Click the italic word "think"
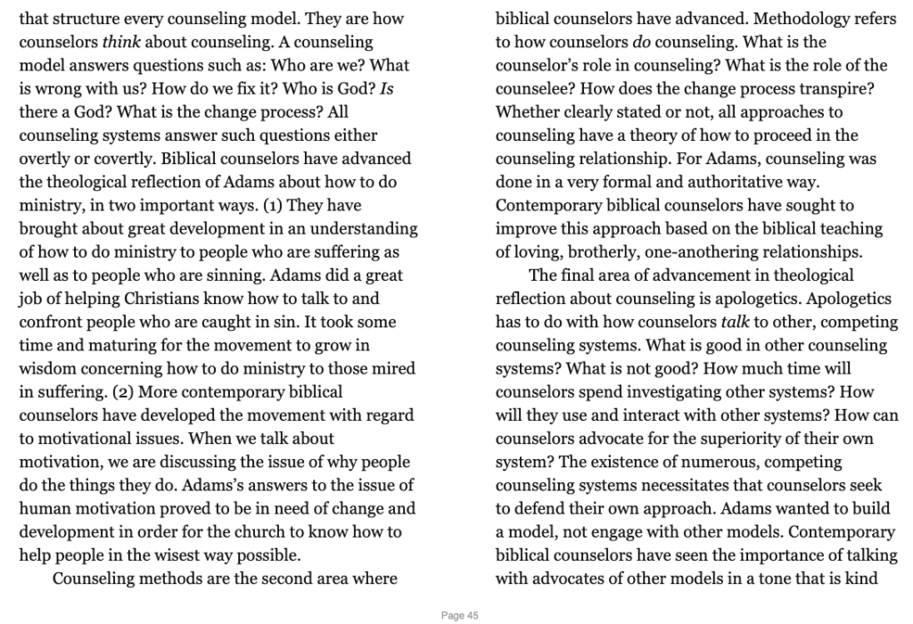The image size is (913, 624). click(123, 42)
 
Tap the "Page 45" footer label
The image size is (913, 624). click(461, 615)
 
